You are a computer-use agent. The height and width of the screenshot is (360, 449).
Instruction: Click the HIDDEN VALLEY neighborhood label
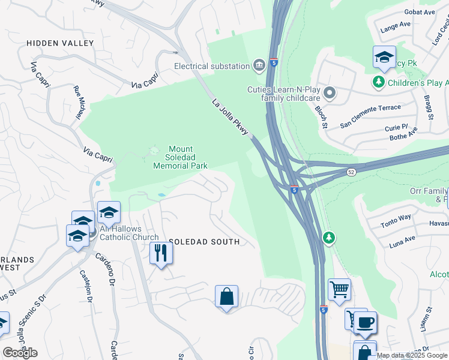[x=60, y=43]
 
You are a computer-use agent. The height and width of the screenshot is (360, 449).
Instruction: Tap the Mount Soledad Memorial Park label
[x=180, y=157]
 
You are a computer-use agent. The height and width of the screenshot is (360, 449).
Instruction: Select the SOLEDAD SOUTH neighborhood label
[x=204, y=242]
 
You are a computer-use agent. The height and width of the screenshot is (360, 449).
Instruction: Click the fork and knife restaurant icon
[x=160, y=252]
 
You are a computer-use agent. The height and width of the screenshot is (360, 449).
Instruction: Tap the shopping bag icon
[x=226, y=296]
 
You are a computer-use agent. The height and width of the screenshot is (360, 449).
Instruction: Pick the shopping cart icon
[x=339, y=290]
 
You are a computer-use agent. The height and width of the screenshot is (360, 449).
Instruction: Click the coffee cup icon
[x=365, y=322]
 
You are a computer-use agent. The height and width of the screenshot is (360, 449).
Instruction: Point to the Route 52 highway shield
[x=351, y=172]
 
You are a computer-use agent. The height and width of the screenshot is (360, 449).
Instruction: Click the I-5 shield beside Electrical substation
[x=274, y=62]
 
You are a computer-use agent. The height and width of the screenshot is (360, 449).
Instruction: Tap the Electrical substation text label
[x=212, y=66]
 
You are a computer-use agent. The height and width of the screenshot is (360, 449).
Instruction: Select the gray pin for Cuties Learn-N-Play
[x=329, y=93]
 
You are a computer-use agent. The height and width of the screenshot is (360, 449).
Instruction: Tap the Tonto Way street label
[x=396, y=221]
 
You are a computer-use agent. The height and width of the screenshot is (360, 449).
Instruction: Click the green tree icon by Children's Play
[x=379, y=82]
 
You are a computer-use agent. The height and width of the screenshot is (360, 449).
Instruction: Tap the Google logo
[x=20, y=353]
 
